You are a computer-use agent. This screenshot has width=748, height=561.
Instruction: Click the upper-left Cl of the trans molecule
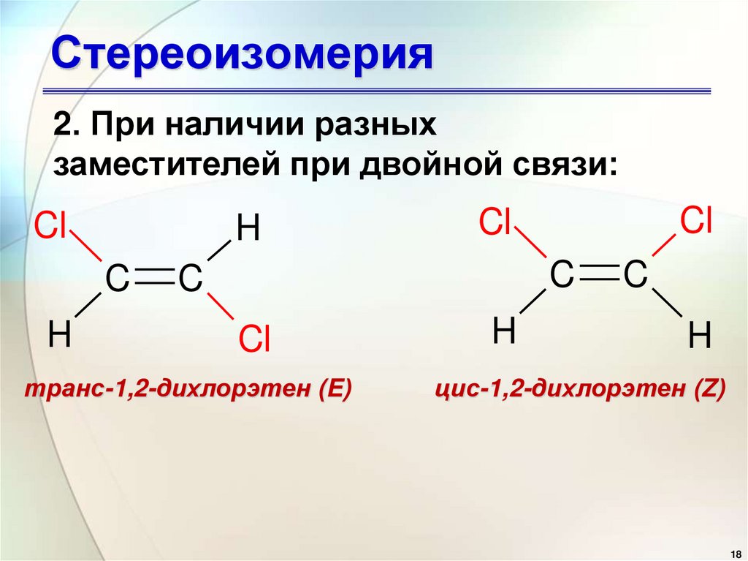51,227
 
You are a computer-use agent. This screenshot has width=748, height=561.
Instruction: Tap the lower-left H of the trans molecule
59,336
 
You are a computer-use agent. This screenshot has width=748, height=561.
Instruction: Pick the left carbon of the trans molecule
118,279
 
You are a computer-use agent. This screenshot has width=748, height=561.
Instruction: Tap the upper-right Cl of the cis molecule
696,219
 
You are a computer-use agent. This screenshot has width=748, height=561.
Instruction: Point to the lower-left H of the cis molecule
503,331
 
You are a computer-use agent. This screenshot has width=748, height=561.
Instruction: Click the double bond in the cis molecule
598,276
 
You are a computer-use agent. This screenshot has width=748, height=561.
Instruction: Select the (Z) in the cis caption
709,390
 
